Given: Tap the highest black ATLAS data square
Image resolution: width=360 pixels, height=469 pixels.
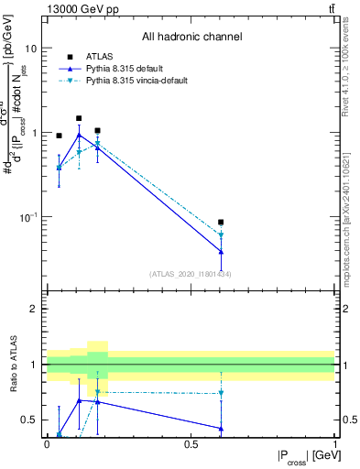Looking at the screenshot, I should coord(79,118).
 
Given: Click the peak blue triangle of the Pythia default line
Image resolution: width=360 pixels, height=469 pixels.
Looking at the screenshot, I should coord(79,135).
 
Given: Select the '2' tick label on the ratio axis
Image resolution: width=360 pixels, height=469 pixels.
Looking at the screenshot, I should coord(35,309).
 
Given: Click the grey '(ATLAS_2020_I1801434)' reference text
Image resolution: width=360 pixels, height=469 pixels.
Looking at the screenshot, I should coord(191,274).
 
